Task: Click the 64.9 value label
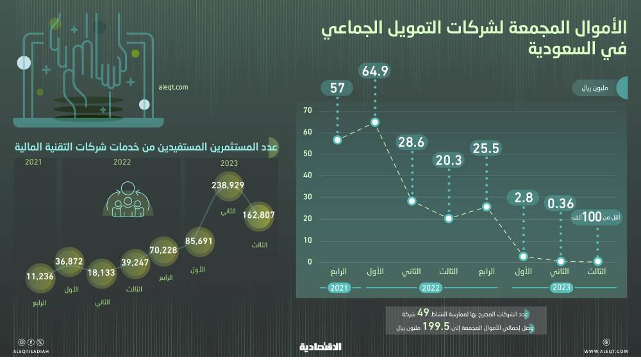[376, 71]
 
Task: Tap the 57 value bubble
[338, 88]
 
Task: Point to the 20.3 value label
[449, 161]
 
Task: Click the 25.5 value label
[486, 149]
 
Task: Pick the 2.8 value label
[524, 198]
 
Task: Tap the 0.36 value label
[561, 204]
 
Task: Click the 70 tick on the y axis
[308, 111]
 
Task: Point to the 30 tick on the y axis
[308, 197]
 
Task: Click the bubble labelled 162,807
[259, 215]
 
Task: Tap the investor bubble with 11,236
[40, 277]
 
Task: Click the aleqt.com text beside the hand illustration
[172, 86]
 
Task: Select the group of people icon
[127, 200]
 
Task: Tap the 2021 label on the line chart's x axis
[340, 288]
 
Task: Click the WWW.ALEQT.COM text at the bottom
[606, 351]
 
